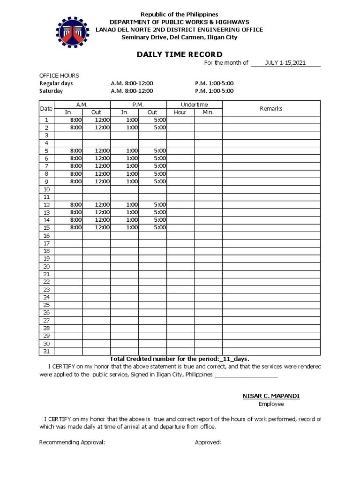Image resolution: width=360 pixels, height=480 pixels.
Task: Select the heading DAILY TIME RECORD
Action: point(180,55)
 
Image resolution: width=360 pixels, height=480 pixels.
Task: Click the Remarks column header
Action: point(271,108)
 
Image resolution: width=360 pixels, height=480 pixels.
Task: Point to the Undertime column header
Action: point(194,105)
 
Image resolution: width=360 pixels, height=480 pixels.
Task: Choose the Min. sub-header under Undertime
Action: point(208,112)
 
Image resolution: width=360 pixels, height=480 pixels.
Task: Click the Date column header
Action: point(46,108)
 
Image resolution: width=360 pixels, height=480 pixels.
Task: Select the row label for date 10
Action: point(46,189)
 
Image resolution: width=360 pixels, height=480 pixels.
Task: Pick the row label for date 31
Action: point(46,351)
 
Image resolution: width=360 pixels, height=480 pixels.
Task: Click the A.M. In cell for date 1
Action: point(68,120)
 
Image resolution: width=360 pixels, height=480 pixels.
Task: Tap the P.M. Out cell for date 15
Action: point(152,227)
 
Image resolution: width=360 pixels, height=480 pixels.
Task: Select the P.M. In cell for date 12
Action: point(124,204)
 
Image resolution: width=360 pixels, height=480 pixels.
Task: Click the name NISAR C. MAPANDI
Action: point(271,396)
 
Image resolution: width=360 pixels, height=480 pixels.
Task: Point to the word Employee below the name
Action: point(271,404)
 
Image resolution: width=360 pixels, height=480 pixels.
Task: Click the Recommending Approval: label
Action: point(72,442)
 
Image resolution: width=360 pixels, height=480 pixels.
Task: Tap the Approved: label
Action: point(208,442)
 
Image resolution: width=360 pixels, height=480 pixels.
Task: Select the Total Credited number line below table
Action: point(180,359)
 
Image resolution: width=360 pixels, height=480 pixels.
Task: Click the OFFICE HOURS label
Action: point(59,75)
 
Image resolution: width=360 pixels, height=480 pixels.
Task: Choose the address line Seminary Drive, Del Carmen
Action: point(180,37)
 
